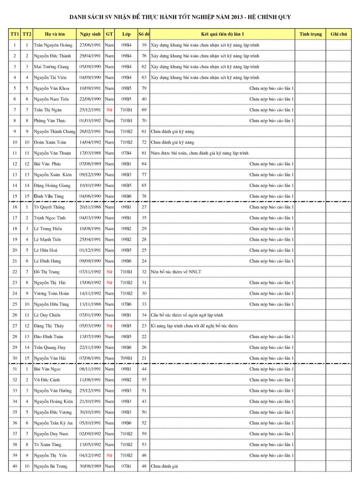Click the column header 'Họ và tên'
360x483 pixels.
pyautogui.click(x=55, y=34)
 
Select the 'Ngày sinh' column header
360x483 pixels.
pyautogui.click(x=90, y=34)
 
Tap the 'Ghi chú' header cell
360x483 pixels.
pyautogui.click(x=339, y=34)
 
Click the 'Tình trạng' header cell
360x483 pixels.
pyautogui.click(x=311, y=34)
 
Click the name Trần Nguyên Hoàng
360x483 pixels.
pyautogui.click(x=53, y=45)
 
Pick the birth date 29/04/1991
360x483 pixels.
pyautogui.click(x=90, y=56)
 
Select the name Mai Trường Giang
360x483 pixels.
pyautogui.click(x=51, y=67)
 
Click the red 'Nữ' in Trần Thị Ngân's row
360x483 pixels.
pyautogui.click(x=109, y=110)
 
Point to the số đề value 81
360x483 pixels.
pyautogui.click(x=144, y=153)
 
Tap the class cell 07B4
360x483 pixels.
pyautogui.click(x=126, y=153)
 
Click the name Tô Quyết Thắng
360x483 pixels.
pyautogui.click(x=49, y=207)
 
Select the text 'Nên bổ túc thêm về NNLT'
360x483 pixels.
pyautogui.click(x=176, y=272)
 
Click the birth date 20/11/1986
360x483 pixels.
pyautogui.click(x=90, y=207)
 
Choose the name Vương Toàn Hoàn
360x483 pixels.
pyautogui.click(x=51, y=294)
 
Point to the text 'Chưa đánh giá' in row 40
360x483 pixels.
pyautogui.click(x=164, y=466)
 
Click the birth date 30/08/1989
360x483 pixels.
pyautogui.click(x=90, y=466)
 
